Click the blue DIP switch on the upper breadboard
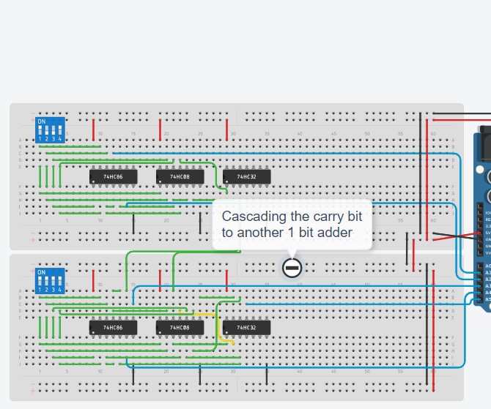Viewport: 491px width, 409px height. (x=50, y=130)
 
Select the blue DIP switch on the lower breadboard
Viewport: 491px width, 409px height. (x=50, y=281)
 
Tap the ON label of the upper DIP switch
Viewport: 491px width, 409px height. (x=41, y=121)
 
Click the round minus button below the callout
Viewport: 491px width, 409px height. (x=292, y=268)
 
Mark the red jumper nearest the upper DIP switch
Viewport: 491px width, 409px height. (x=93, y=130)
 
